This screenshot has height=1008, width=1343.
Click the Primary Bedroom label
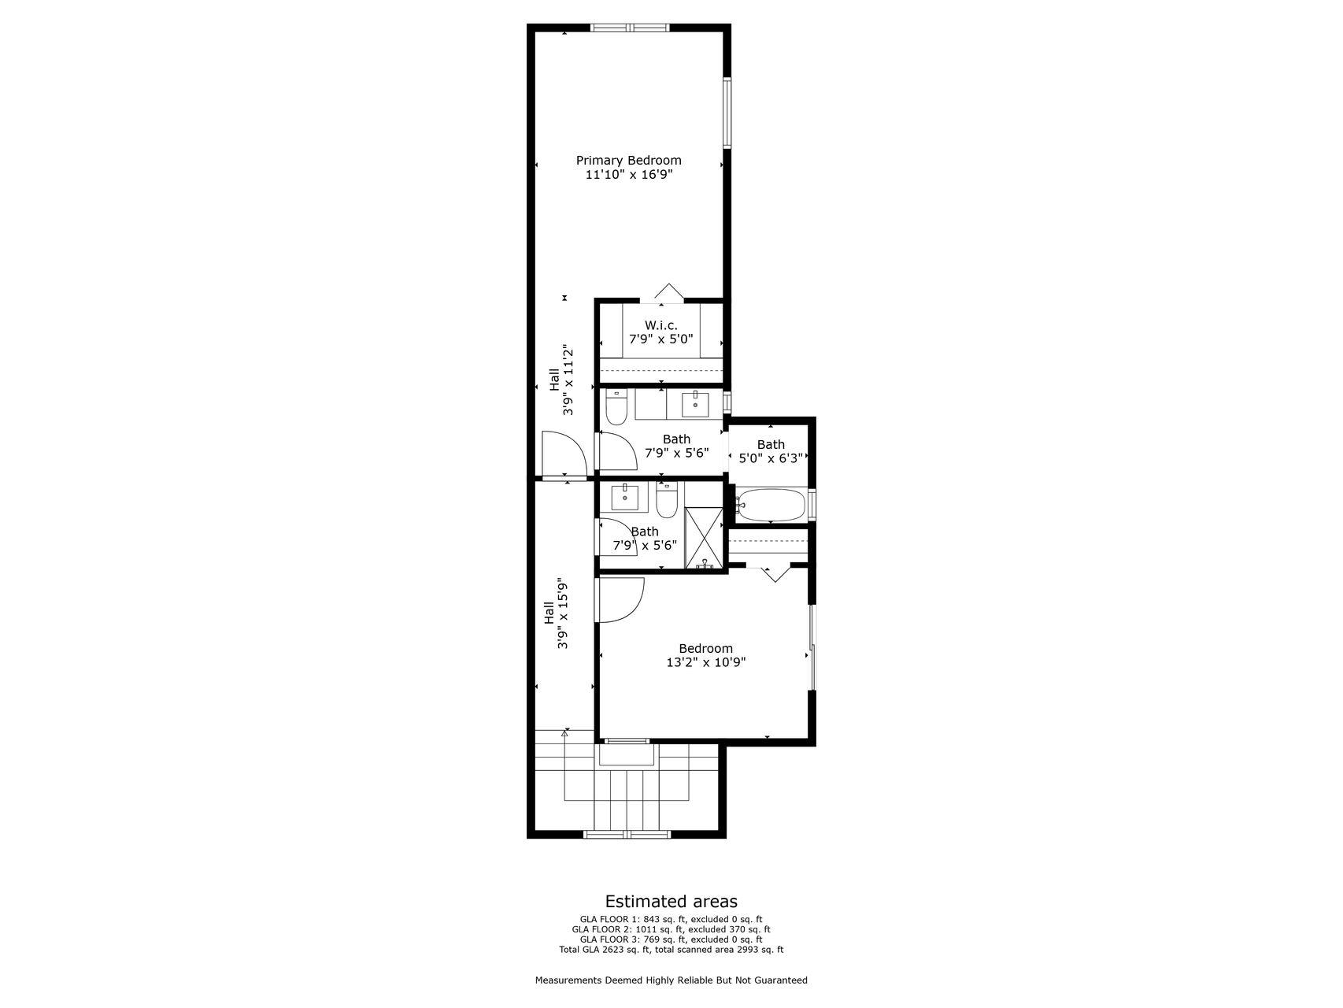628,161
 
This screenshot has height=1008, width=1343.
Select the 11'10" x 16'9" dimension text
628,175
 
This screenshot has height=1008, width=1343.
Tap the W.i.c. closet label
660,325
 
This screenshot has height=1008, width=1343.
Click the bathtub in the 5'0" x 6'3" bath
771,505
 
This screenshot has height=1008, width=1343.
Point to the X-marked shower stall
704,537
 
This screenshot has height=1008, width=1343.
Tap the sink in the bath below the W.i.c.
695,404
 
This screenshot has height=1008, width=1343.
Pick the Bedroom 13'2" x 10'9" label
705,655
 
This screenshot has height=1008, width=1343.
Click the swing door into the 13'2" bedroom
620,600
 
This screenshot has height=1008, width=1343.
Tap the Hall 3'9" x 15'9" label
555,613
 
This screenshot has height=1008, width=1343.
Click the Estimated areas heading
671,902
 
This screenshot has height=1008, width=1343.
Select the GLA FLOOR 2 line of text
671,929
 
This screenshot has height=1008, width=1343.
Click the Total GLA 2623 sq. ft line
671,950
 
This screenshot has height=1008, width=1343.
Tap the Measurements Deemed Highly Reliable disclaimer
671,980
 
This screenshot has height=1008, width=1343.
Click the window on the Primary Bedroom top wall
630,28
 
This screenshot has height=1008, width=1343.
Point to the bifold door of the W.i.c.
668,292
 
